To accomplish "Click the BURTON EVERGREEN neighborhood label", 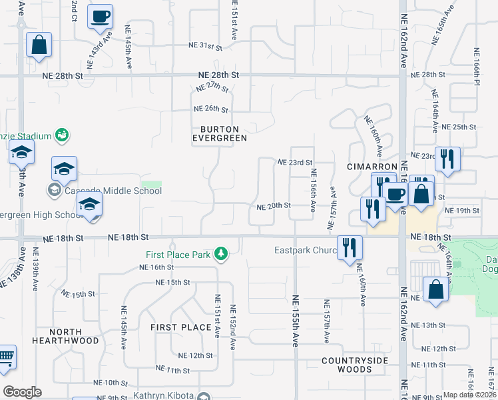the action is pos(220,133).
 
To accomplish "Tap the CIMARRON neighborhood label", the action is pos(372,166).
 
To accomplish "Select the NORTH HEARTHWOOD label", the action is pos(65,336).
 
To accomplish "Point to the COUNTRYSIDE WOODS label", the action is pos(355,365).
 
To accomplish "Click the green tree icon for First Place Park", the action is pos(220,254).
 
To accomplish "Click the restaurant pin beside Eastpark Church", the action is pos(350,247).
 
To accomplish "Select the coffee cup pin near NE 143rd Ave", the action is pos(100,16).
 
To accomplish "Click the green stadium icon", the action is pos(62,135).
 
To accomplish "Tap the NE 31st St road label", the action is pos(204,46).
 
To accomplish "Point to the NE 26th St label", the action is pos(210,109).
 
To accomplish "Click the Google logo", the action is pos(22,392).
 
